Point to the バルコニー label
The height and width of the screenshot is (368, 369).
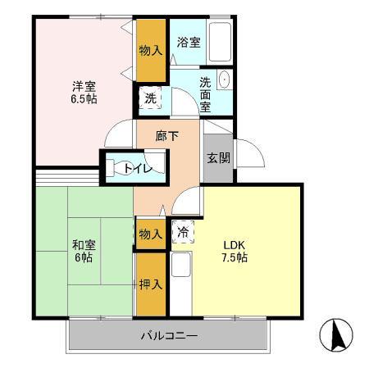pyautogui.click(x=168, y=334)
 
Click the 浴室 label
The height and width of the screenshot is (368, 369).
pyautogui.click(x=189, y=41)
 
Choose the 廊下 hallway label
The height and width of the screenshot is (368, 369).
pyautogui.click(x=166, y=135)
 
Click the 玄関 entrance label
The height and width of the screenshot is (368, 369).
pyautogui.click(x=216, y=157)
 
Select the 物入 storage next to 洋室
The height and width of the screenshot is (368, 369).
pyautogui.click(x=151, y=50)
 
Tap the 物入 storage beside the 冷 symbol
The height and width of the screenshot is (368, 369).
pyautogui.click(x=151, y=234)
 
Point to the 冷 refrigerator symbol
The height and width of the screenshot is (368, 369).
pyautogui.click(x=184, y=233)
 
